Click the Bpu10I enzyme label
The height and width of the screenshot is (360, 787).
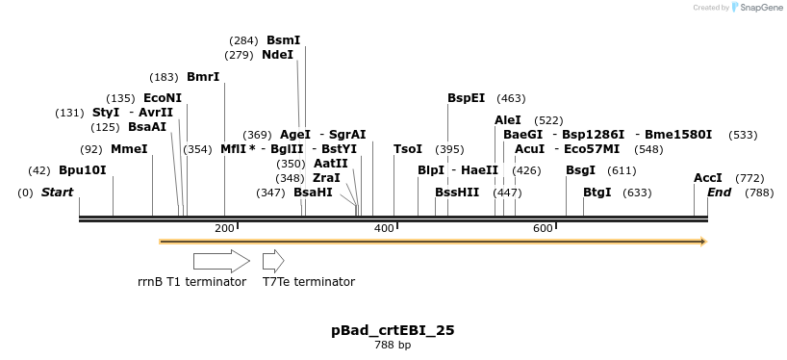point(82,170)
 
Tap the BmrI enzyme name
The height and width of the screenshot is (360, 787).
point(203,77)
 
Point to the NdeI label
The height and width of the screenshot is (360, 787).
point(277,55)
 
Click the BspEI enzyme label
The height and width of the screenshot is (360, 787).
point(467,98)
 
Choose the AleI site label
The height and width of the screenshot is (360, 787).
point(507,120)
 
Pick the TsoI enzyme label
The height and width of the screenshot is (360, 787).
point(408,149)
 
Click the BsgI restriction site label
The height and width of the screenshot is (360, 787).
point(580,170)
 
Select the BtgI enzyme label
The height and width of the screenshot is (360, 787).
point(597,193)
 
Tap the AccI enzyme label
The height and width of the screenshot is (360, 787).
point(708,178)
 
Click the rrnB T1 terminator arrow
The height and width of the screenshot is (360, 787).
point(221,261)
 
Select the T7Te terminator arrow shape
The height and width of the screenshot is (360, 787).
point(273,261)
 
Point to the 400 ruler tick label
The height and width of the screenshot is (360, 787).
point(383,228)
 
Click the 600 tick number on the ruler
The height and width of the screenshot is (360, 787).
point(543,228)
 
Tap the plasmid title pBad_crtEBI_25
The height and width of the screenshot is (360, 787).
point(393,330)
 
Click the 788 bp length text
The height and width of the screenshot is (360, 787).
point(393,346)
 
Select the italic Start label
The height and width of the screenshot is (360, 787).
point(57,193)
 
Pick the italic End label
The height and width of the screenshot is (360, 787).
point(719,193)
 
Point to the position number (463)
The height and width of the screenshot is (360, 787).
point(511,98)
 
